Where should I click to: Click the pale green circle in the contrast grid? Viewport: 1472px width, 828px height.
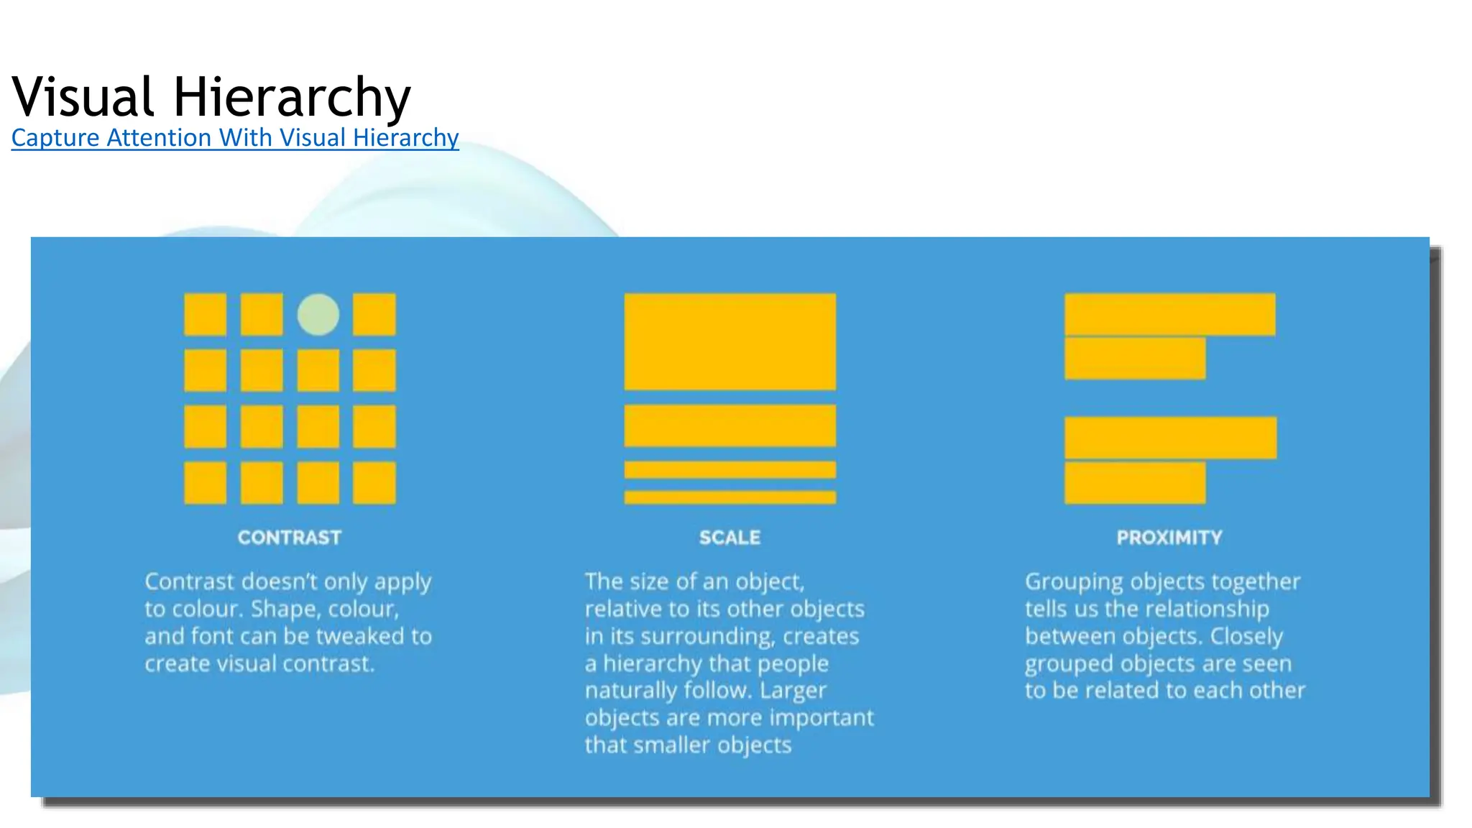tap(318, 314)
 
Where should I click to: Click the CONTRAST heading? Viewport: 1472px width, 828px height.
tap(290, 538)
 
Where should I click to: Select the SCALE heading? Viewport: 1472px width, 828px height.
tap(730, 538)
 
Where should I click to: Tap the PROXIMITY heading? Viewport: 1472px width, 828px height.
tap(1169, 538)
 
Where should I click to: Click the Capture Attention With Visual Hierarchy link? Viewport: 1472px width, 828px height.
tap(235, 137)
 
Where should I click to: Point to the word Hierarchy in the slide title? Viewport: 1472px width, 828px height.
tap(292, 96)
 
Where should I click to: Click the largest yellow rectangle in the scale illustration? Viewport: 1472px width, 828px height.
tap(730, 341)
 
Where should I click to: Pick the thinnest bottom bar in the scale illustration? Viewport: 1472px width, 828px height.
tap(730, 497)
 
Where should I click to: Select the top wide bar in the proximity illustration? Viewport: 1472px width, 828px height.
tap(1169, 314)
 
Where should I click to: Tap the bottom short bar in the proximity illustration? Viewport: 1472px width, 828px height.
tap(1135, 483)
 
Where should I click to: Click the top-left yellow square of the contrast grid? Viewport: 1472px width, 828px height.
tap(206, 314)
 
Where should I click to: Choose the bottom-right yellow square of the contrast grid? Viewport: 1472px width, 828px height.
tap(374, 483)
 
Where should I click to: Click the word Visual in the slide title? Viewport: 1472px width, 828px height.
tap(83, 96)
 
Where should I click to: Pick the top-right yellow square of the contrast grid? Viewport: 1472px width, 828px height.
tap(374, 314)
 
